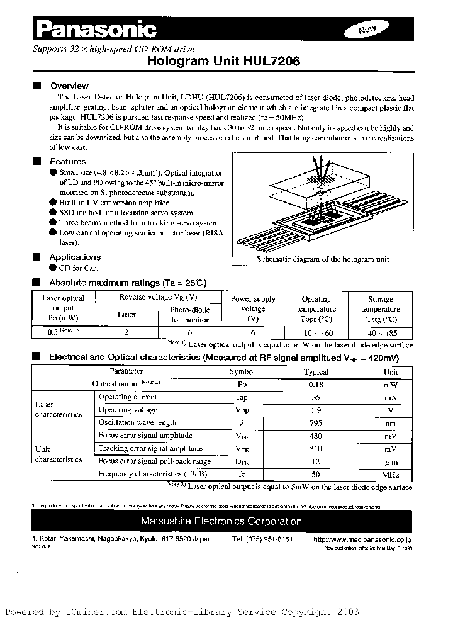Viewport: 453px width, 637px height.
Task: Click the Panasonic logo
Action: pyautogui.click(x=94, y=29)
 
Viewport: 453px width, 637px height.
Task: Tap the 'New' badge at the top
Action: pyautogui.click(x=367, y=30)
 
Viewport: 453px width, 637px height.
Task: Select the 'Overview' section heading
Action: pyautogui.click(x=69, y=86)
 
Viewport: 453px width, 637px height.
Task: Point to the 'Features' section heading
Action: pyautogui.click(x=67, y=162)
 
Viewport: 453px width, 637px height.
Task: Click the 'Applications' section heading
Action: pyautogui.click(x=75, y=257)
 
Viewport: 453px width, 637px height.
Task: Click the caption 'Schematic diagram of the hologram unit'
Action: pyautogui.click(x=323, y=259)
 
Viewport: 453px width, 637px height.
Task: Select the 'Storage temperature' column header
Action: pyautogui.click(x=380, y=309)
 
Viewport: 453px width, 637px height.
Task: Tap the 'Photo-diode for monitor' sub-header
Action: pyautogui.click(x=190, y=315)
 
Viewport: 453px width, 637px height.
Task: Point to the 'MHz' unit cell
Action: pyautogui.click(x=391, y=474)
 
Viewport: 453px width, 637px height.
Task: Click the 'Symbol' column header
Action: pyautogui.click(x=242, y=372)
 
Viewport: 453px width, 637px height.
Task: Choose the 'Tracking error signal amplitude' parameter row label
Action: pyautogui.click(x=150, y=448)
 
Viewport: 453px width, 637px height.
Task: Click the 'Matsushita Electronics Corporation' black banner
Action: pyautogui.click(x=221, y=521)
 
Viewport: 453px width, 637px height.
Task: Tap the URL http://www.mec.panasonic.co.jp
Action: pyautogui.click(x=362, y=539)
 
